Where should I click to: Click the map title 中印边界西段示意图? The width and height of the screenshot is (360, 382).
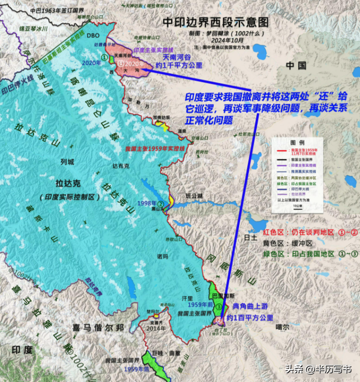point(216,22)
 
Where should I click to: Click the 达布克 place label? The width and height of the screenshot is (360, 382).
point(121,166)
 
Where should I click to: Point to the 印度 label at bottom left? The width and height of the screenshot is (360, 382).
point(22,349)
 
